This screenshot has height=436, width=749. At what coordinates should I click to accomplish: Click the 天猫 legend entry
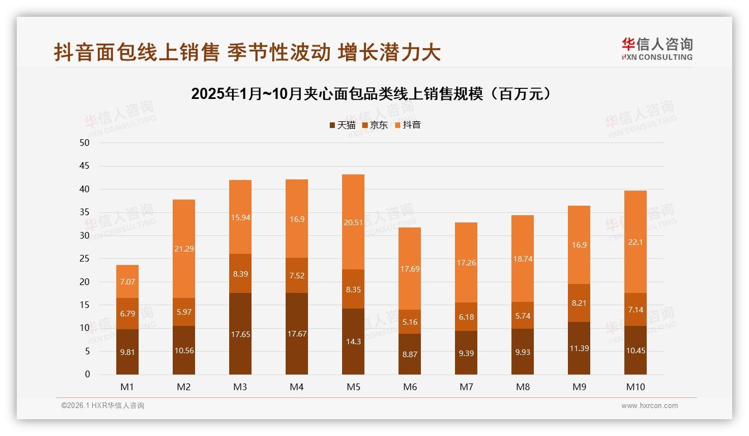(342, 125)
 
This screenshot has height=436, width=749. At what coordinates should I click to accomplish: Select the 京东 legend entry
(374, 125)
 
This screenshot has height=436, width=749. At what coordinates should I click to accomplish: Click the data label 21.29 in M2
(184, 249)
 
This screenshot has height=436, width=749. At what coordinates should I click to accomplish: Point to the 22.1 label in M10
(636, 242)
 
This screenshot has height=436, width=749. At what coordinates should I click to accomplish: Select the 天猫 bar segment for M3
(240, 334)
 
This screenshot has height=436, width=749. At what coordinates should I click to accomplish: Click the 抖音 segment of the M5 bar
(353, 222)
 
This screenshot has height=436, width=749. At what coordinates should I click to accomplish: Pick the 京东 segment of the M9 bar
(579, 303)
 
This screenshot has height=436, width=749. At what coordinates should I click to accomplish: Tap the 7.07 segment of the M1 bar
(127, 281)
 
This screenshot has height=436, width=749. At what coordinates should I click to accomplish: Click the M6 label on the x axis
(410, 387)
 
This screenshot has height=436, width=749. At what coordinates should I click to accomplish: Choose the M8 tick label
(523, 387)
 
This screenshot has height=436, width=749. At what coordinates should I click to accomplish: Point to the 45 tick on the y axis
(85, 166)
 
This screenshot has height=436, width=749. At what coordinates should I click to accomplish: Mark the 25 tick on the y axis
(85, 259)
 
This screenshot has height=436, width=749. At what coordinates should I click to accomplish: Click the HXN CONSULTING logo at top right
(657, 49)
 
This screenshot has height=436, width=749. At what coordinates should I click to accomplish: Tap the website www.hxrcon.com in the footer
(650, 406)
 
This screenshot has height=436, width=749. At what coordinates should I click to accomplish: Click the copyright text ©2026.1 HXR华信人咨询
(103, 406)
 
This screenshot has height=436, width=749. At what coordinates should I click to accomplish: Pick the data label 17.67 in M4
(297, 334)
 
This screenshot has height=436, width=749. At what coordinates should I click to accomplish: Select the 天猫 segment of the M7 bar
(466, 353)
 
